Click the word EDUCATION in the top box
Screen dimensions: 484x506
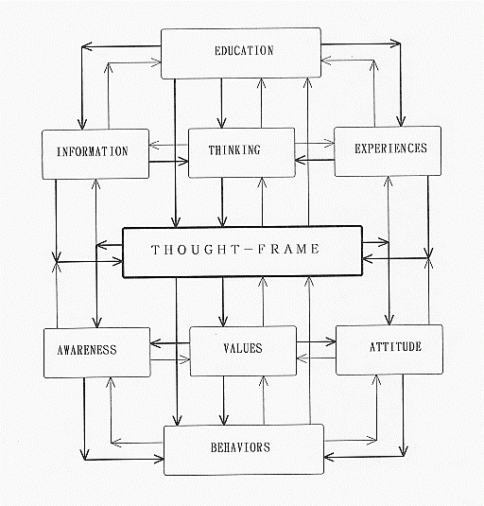(x=244, y=51)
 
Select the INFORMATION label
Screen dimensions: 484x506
(x=93, y=151)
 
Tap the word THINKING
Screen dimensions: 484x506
(x=234, y=150)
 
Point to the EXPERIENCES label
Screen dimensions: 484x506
(x=390, y=148)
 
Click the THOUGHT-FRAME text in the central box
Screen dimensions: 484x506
(x=235, y=249)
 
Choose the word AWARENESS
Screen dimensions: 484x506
(x=87, y=350)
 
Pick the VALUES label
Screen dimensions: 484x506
(x=243, y=348)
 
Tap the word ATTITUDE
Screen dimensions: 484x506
(x=395, y=347)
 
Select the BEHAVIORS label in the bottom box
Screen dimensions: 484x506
(x=240, y=447)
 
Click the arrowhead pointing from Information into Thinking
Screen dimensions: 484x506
(x=184, y=162)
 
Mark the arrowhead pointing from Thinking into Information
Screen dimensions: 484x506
(x=153, y=145)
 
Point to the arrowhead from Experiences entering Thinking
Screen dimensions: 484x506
(x=300, y=160)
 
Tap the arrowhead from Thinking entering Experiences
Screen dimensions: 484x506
(x=330, y=143)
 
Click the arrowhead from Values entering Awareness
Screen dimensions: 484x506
(x=155, y=343)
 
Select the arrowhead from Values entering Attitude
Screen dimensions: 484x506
(x=332, y=341)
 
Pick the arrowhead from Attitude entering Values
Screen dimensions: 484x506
(x=301, y=358)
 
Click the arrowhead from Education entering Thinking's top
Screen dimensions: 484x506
(x=221, y=124)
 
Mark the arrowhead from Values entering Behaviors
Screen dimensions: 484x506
(x=224, y=421)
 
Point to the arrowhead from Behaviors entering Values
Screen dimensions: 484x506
(x=264, y=381)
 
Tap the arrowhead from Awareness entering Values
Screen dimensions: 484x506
(x=185, y=359)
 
